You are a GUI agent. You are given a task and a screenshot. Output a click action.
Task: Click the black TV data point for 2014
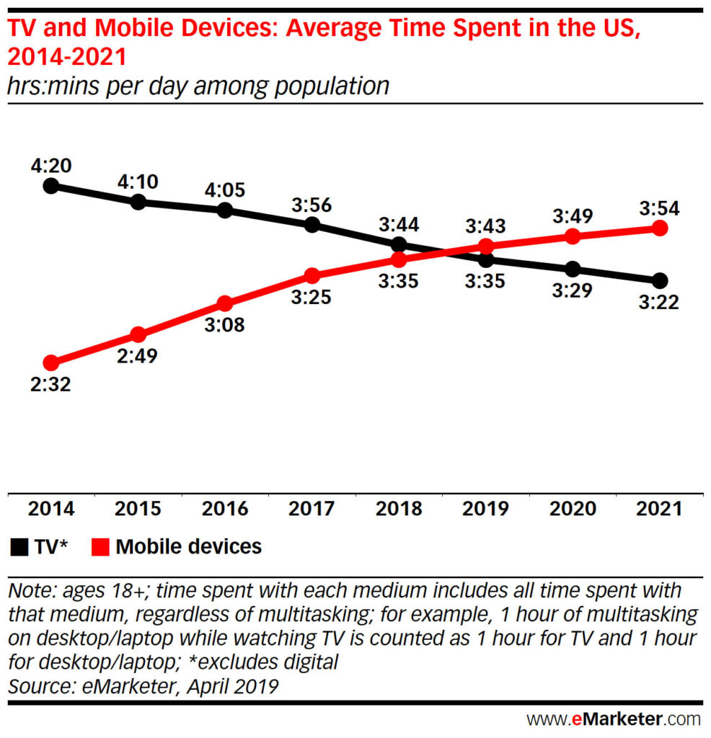[50, 186]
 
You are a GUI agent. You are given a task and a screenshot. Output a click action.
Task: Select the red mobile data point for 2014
[50, 362]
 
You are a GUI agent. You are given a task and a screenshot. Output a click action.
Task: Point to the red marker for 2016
[224, 303]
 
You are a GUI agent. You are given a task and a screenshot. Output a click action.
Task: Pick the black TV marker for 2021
[659, 280]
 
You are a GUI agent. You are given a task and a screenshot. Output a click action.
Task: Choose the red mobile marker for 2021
[659, 228]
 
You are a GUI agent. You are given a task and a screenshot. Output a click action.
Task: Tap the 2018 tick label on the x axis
[399, 509]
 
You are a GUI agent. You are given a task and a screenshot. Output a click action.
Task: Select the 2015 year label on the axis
[138, 509]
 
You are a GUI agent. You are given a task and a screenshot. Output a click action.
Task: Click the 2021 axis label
[659, 509]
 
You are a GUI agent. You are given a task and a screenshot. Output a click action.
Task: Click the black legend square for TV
[19, 548]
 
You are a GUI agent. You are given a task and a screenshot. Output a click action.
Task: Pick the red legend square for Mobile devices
[101, 548]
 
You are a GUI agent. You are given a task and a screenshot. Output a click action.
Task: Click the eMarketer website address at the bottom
[613, 719]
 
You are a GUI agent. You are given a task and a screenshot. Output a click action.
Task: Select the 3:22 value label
[659, 303]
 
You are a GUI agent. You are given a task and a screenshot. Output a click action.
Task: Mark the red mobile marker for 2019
[486, 246]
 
